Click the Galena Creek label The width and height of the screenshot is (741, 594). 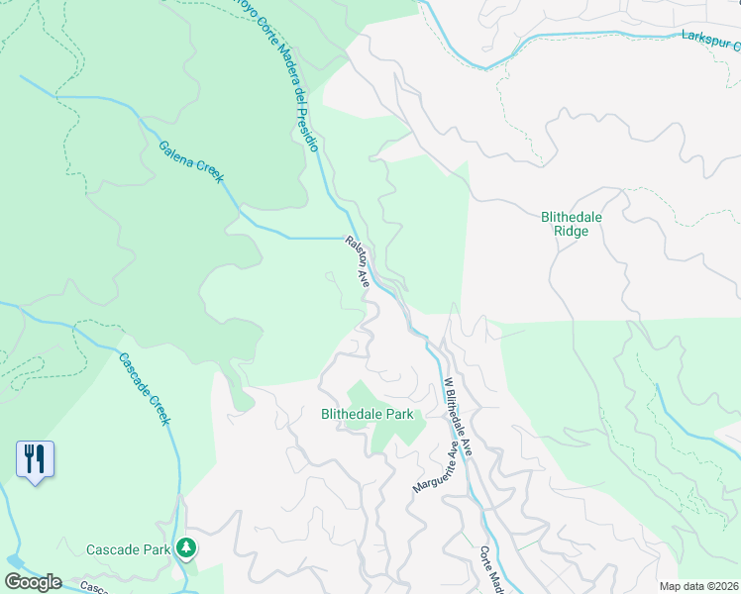(191, 161)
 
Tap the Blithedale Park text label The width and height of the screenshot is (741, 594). (366, 415)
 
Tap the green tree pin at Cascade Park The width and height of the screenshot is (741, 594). (185, 547)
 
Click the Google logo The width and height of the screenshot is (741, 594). (33, 582)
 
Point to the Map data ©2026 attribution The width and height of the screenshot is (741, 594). (697, 586)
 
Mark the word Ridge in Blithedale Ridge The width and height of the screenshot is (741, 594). (572, 232)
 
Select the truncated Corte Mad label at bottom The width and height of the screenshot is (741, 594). (490, 570)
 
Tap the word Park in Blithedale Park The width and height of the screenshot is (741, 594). (397, 415)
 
